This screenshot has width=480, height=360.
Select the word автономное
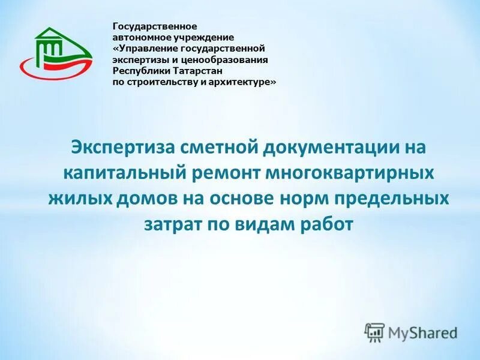(137, 38)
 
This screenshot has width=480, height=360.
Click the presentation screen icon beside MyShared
(374, 332)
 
